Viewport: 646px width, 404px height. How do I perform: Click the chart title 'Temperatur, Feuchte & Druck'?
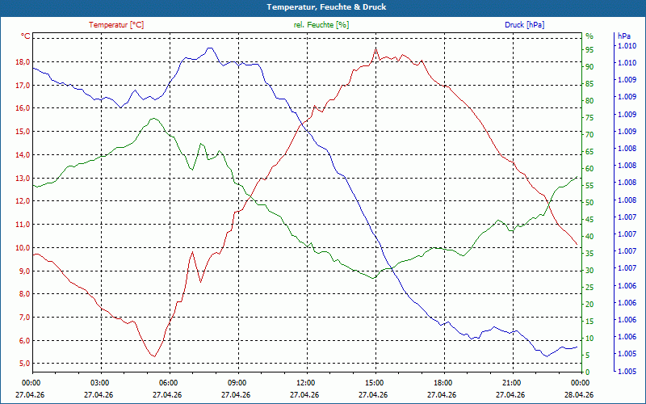[x=326, y=7]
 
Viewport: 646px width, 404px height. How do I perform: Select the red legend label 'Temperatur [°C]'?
[x=116, y=25]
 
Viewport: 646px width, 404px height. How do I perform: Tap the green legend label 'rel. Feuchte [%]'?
[x=321, y=25]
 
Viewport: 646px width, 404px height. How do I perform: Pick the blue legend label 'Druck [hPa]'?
[x=524, y=25]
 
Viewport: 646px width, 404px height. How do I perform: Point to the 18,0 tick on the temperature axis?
[x=23, y=62]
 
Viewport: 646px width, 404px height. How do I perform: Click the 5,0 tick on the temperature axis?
[x=23, y=364]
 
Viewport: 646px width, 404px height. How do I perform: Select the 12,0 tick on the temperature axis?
[x=23, y=201]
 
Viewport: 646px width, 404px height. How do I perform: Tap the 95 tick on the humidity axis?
[x=589, y=50]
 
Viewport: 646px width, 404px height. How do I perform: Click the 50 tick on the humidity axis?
[x=589, y=203]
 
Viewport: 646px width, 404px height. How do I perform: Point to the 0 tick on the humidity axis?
[x=588, y=372]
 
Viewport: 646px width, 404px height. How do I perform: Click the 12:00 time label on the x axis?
[x=306, y=382]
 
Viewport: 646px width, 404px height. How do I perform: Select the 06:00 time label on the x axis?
[x=169, y=382]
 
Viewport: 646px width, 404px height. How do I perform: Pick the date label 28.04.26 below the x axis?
[x=579, y=395]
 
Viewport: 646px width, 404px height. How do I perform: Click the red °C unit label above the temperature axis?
[x=26, y=36]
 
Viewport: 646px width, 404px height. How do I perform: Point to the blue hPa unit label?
[x=623, y=36]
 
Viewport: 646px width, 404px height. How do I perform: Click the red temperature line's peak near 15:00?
[x=375, y=48]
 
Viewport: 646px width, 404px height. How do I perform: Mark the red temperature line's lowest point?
[x=154, y=356]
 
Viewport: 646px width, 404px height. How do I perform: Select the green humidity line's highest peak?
[x=153, y=118]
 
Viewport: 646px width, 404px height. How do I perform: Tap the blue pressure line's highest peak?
[x=210, y=48]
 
